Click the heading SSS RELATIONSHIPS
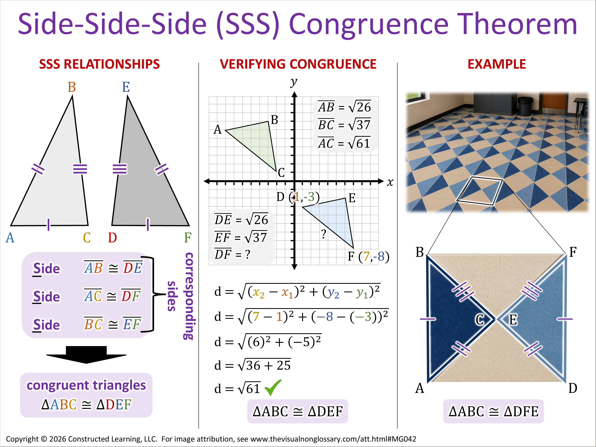coord(99,64)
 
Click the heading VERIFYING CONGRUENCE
coord(298,64)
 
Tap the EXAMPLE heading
coord(497,64)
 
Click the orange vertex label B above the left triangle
coord(72,87)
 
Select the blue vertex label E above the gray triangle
coord(126,87)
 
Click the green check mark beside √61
coord(273,387)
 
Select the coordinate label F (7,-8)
coord(368,256)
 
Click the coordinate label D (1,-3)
coord(298,197)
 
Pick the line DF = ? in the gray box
coord(232,254)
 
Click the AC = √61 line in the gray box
coord(344,143)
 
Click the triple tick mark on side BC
coord(80,169)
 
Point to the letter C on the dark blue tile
coord(480,320)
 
